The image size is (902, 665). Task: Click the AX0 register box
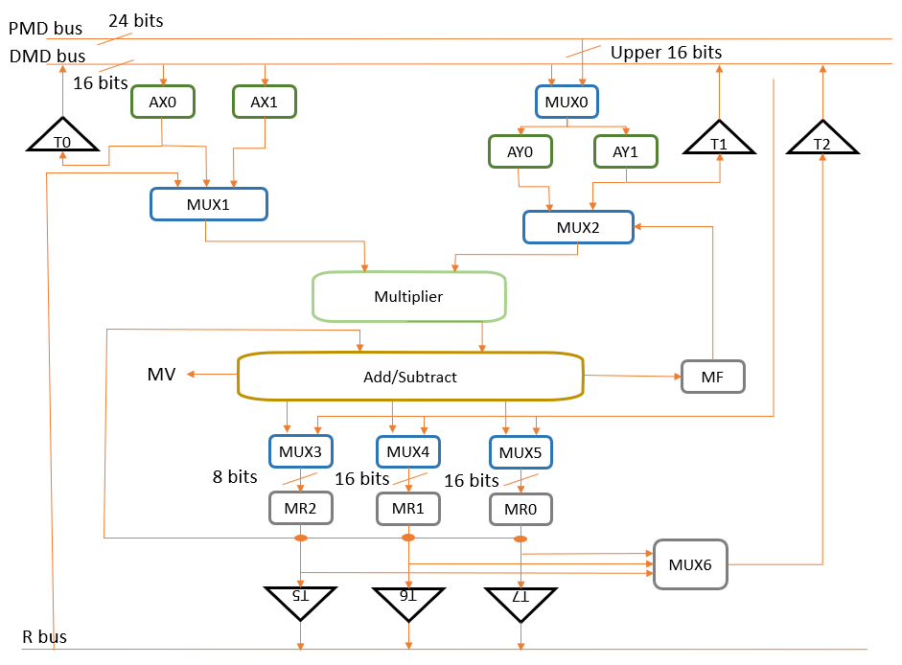pyautogui.click(x=162, y=102)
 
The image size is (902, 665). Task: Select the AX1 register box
pyautogui.click(x=265, y=102)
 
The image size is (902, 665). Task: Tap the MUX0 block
pyautogui.click(x=566, y=102)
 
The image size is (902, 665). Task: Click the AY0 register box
pyautogui.click(x=519, y=151)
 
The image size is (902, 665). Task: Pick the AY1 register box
pyautogui.click(x=625, y=151)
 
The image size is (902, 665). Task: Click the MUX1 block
pyautogui.click(x=208, y=204)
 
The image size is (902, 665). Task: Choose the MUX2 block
pyautogui.click(x=578, y=227)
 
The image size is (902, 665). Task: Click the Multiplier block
pyautogui.click(x=408, y=296)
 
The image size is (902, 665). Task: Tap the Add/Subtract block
pyautogui.click(x=410, y=377)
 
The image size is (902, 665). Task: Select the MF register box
pyautogui.click(x=712, y=377)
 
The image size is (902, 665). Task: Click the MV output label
pyautogui.click(x=161, y=375)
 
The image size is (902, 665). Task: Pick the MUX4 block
pyautogui.click(x=407, y=450)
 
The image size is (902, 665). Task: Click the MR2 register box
pyautogui.click(x=301, y=508)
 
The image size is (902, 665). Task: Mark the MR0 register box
pyautogui.click(x=520, y=509)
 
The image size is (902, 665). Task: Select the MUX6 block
pyautogui.click(x=690, y=564)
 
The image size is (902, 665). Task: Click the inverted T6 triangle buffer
pyautogui.click(x=409, y=600)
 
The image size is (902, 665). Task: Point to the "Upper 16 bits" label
pyautogui.click(x=665, y=53)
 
